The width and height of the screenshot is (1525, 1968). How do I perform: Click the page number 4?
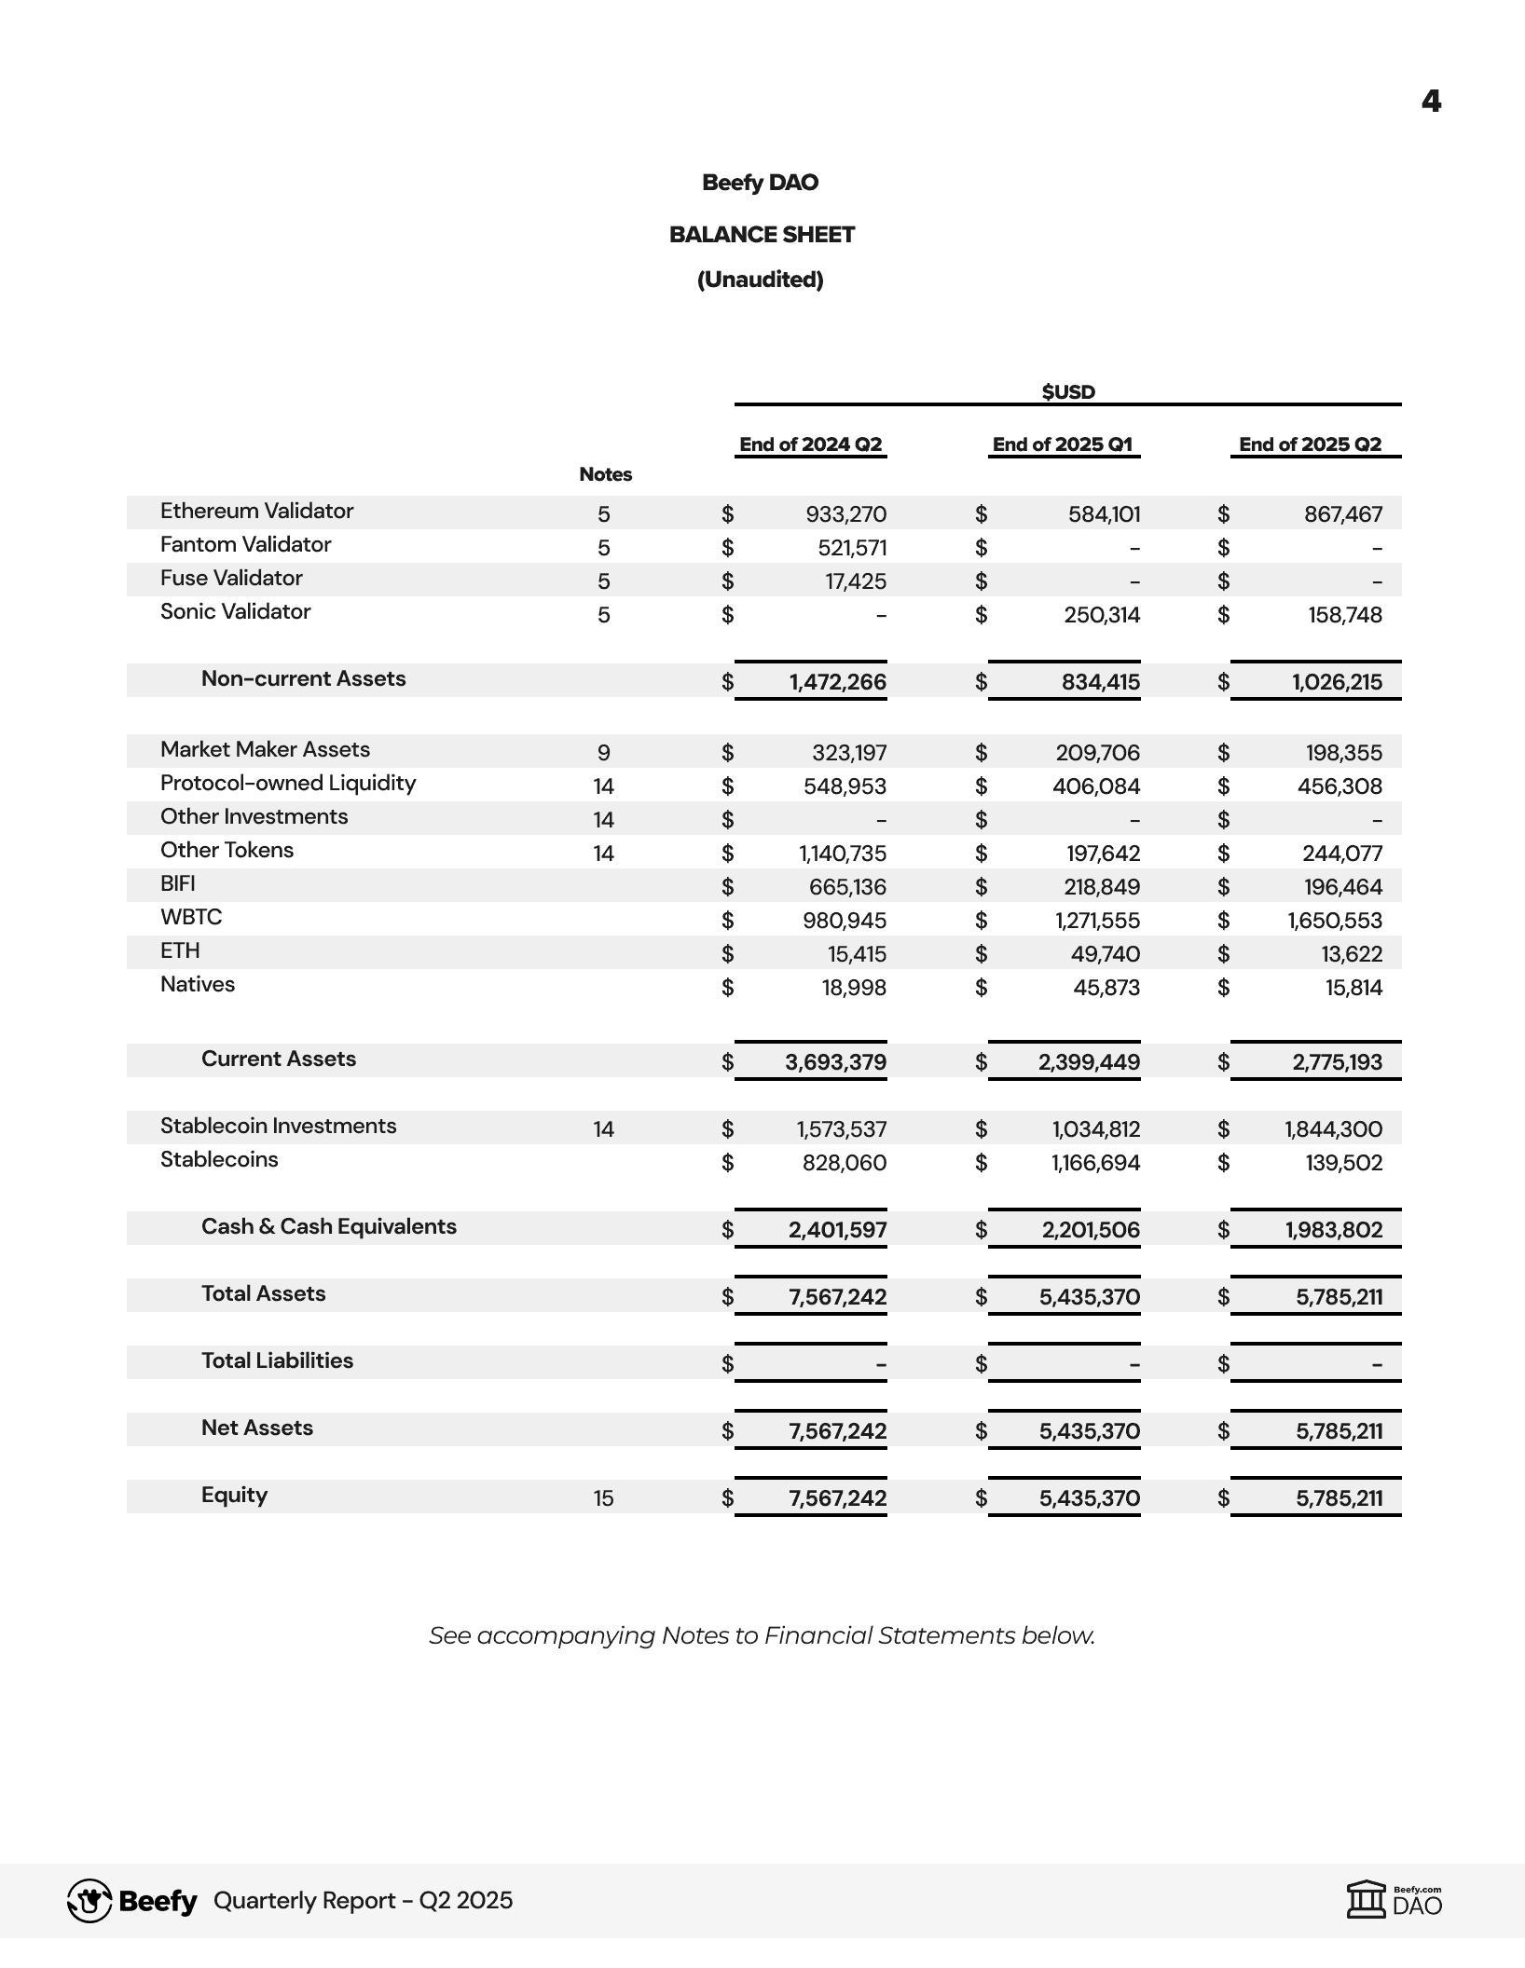(1431, 101)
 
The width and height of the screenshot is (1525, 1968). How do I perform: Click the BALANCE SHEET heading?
(762, 235)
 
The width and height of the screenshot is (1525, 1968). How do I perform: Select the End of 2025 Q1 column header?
(1063, 444)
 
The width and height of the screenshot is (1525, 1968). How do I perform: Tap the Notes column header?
(605, 474)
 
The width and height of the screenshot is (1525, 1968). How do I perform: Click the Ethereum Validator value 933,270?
(845, 514)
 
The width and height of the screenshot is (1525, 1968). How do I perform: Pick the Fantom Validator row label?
(245, 544)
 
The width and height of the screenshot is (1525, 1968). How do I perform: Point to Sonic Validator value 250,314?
(1102, 615)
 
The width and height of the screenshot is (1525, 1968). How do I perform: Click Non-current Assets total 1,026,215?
(1337, 682)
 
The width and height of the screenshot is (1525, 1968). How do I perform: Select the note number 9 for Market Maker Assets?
(603, 753)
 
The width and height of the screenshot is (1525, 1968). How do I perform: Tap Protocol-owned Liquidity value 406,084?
(1096, 786)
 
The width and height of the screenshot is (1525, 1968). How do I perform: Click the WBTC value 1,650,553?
(1335, 921)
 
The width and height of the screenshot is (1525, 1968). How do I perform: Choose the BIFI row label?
(178, 883)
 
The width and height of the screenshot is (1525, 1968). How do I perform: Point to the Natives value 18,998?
(854, 988)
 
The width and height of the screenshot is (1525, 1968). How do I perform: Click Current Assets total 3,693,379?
(835, 1062)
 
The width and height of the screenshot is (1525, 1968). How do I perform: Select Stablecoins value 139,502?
(1343, 1163)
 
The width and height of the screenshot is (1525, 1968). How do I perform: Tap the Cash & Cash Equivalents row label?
(328, 1226)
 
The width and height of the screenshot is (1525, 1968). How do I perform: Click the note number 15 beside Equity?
(603, 1498)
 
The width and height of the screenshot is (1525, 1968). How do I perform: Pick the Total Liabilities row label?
(277, 1360)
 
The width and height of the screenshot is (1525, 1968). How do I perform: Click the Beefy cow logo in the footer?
(89, 1901)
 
